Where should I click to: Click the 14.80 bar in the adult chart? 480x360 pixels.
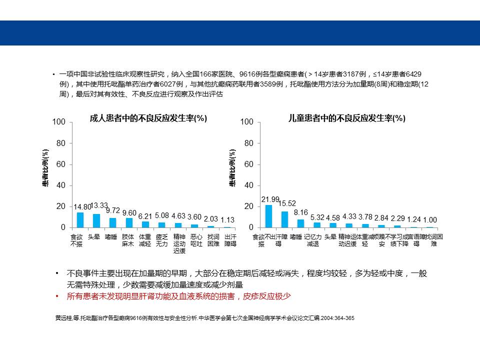80,220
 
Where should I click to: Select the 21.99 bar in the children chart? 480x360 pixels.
268,216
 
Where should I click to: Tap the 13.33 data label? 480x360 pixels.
99,205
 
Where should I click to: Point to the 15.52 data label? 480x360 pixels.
287,203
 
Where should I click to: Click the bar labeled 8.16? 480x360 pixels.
300,223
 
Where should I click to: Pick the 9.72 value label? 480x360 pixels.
113,211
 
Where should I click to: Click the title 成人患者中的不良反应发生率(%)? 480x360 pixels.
148,118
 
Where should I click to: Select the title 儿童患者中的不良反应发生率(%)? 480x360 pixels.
347,118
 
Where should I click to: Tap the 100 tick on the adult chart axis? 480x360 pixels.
59,122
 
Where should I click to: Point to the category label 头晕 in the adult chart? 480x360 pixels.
93,237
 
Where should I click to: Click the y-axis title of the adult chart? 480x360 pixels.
45,168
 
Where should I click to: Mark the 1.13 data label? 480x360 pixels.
228,220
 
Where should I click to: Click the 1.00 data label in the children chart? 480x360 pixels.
430,220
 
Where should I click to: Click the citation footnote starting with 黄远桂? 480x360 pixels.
204,317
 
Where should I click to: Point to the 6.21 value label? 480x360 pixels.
145,216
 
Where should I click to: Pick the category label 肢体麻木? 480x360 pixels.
127,240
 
